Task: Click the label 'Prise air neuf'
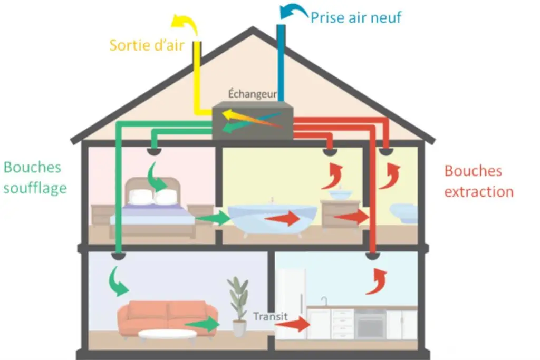coord(356,17)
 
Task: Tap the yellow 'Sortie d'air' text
coord(147,45)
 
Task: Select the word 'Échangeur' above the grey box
coord(253,94)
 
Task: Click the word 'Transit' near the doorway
coord(271,316)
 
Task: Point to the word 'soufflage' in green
coord(35,188)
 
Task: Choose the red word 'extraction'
coord(479,192)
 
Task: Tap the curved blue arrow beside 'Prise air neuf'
coord(294,12)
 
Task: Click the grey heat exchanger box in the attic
coord(253,121)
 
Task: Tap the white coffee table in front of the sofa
coord(167,335)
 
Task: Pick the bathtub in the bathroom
coord(272,219)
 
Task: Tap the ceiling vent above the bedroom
coord(154,151)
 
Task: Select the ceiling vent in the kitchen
coord(372,256)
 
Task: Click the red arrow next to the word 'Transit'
coord(293,324)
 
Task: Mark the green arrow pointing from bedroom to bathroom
coord(213,218)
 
